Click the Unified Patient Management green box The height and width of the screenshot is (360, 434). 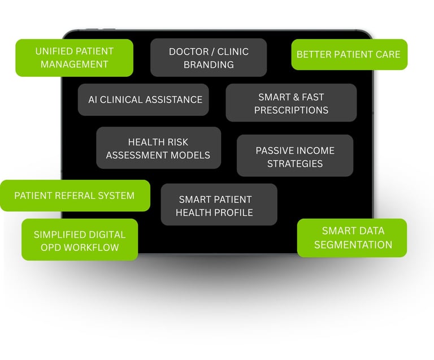(74, 58)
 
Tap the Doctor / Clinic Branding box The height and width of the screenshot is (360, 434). (209, 58)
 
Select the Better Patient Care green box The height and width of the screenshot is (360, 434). (349, 55)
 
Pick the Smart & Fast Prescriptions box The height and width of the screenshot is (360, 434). (291, 103)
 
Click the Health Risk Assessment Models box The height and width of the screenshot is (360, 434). (158, 148)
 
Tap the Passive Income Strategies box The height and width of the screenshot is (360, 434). (294, 157)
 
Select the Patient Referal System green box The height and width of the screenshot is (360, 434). (75, 196)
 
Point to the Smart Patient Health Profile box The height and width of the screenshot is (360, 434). (219, 206)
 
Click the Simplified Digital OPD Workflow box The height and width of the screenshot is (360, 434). (80, 240)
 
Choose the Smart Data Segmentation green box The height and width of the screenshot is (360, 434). (352, 238)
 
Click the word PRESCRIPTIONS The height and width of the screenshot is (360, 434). (291, 110)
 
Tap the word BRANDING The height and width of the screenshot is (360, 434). (209, 64)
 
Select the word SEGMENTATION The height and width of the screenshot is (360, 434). (353, 245)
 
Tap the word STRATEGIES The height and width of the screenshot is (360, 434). (294, 164)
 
